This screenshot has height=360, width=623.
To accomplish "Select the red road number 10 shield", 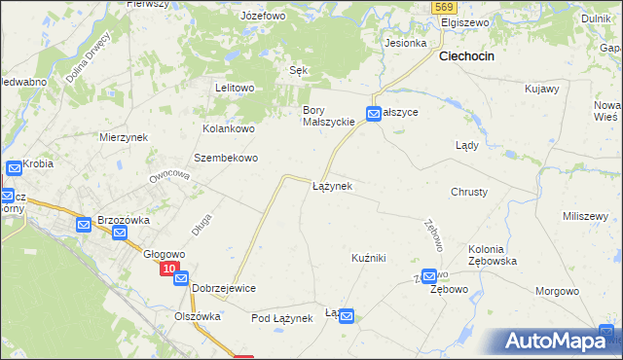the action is [x=169, y=269].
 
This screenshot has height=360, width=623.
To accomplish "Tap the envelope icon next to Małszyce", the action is [x=374, y=114].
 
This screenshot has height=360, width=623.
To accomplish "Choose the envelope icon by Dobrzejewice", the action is [x=181, y=279].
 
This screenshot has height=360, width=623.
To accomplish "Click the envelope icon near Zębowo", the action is [x=429, y=277].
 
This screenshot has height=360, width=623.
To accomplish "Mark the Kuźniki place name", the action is [x=369, y=258].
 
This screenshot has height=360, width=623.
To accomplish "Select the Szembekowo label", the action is [x=226, y=158].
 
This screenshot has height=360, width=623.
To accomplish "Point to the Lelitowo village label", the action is [x=235, y=88].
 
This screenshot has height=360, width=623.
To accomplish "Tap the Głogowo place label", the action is [x=165, y=255].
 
